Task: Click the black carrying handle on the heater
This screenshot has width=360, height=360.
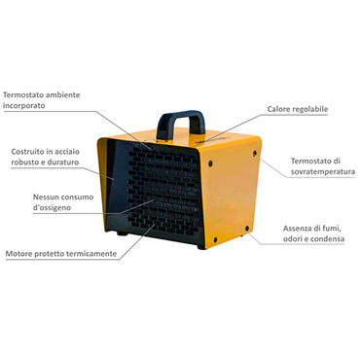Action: click(x=180, y=117)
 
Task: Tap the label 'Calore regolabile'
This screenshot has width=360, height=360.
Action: click(x=298, y=109)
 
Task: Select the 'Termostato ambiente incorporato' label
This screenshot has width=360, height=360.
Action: click(x=41, y=100)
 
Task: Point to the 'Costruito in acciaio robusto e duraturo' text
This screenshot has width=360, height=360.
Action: click(x=45, y=157)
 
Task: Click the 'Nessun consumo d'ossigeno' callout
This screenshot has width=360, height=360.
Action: click(x=63, y=202)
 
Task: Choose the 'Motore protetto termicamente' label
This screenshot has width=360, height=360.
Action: click(x=61, y=254)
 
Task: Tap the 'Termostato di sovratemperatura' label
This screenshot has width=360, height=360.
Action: click(x=322, y=166)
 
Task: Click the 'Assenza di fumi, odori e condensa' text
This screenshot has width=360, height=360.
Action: click(x=313, y=234)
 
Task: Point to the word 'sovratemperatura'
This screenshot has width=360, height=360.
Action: click(x=323, y=171)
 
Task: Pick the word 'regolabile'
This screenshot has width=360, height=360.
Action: click(x=311, y=109)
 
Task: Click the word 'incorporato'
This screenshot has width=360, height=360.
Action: click(x=24, y=105)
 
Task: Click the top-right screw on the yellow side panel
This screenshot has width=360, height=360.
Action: click(x=255, y=153)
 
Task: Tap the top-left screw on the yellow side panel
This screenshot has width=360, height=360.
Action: click(x=211, y=162)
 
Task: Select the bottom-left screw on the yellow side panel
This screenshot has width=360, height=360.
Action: click(x=215, y=239)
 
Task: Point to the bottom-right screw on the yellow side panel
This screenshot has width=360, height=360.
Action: click(x=247, y=229)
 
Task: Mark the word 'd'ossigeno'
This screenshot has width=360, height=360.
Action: click(x=52, y=207)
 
